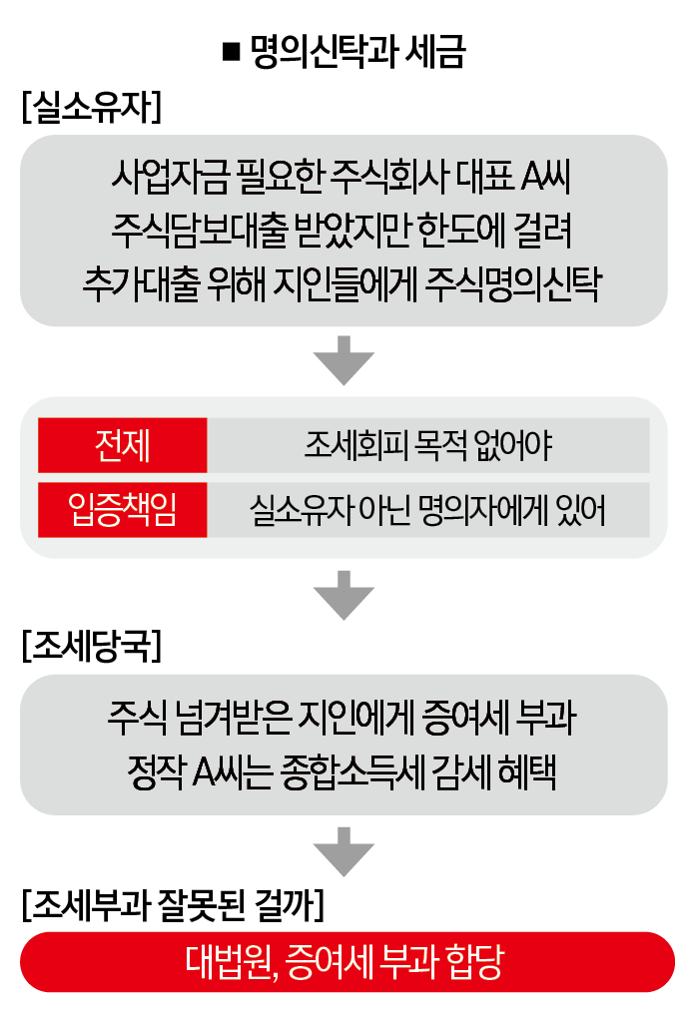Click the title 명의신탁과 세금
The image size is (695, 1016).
357,51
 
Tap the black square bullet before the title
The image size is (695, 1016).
231,52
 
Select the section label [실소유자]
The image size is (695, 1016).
92,107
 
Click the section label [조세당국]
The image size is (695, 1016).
92,646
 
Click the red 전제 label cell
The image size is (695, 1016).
123,445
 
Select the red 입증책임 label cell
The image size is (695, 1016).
123,510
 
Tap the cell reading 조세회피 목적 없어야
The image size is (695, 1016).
428,445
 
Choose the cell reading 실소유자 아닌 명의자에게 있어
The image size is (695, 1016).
428,510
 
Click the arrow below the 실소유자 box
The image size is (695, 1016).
344,360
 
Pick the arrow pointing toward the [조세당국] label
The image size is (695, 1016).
344,595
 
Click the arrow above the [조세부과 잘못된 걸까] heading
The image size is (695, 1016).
344,851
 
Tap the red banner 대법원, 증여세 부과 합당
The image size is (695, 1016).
347,962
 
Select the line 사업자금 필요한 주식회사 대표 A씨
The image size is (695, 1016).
342,177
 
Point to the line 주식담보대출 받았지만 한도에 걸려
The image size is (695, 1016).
342,230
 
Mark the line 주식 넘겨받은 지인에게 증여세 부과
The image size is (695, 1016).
342,718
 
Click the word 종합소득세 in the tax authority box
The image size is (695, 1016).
352,771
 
